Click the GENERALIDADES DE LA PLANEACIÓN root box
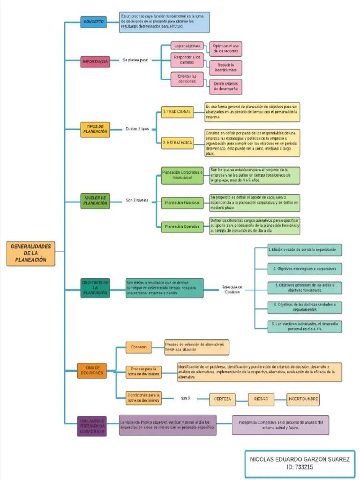pyautogui.click(x=30, y=254)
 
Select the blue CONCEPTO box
pyautogui.click(x=93, y=22)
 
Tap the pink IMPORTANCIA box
pyautogui.click(x=95, y=61)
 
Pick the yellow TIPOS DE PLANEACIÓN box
pyautogui.click(x=95, y=129)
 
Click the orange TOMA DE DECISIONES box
pyautogui.click(x=92, y=370)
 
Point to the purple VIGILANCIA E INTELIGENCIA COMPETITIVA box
pyautogui.click(x=91, y=426)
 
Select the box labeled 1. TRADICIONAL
pyautogui.click(x=177, y=112)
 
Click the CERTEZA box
pyautogui.click(x=222, y=399)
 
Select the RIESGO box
pyautogui.click(x=261, y=399)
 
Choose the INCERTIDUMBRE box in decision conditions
pyautogui.click(x=303, y=399)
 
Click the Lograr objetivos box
pyautogui.click(x=187, y=46)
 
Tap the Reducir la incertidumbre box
pyautogui.click(x=225, y=67)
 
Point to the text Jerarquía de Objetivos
pyautogui.click(x=232, y=289)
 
